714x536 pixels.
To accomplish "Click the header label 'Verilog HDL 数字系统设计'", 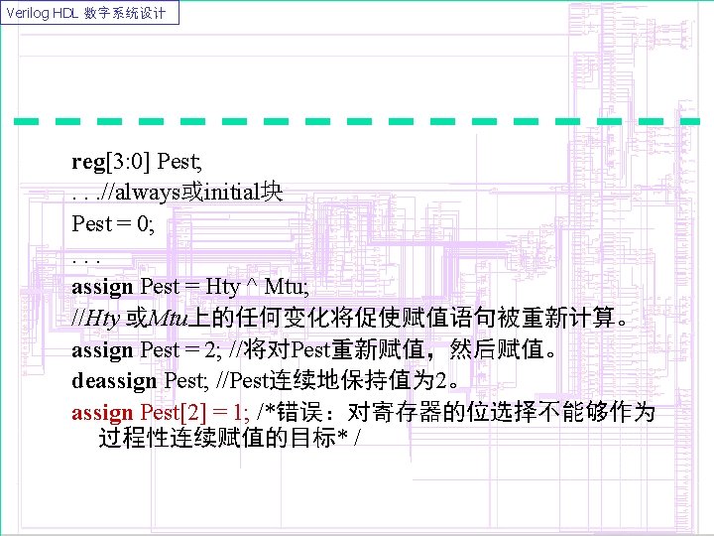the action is [x=91, y=13].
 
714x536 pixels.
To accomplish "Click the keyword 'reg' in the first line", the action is [x=87, y=162].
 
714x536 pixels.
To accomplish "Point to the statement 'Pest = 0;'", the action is [x=113, y=223].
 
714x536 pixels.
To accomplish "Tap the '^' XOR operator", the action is [x=255, y=287].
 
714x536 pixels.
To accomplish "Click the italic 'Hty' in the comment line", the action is [x=101, y=319].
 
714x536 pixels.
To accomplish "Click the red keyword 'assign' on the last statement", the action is [x=102, y=412].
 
